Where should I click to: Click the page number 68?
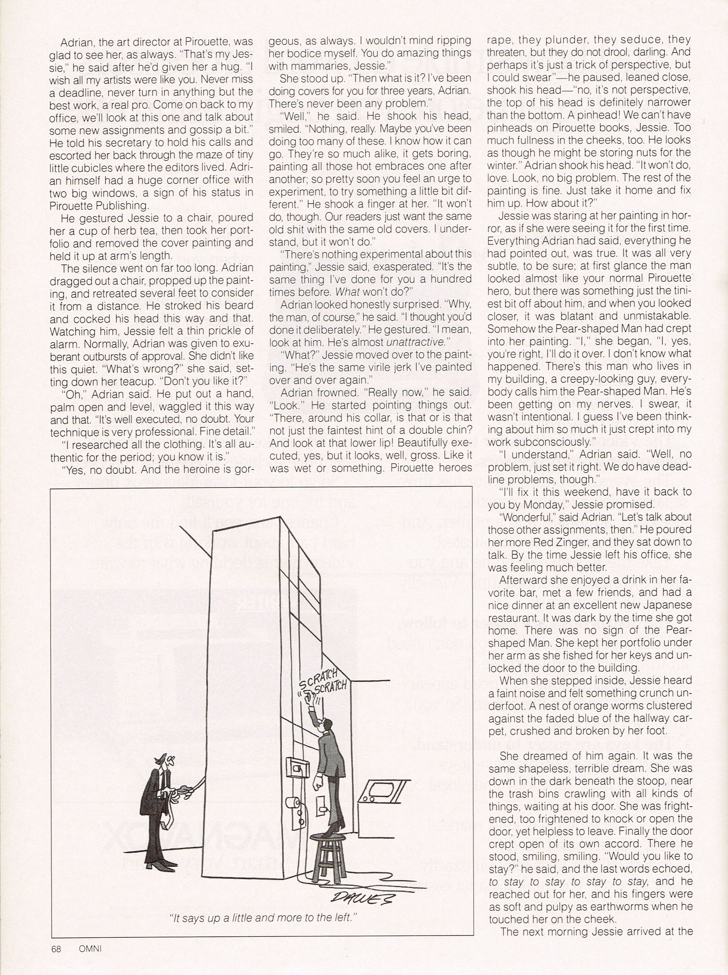56,948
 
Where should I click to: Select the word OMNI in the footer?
90,948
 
